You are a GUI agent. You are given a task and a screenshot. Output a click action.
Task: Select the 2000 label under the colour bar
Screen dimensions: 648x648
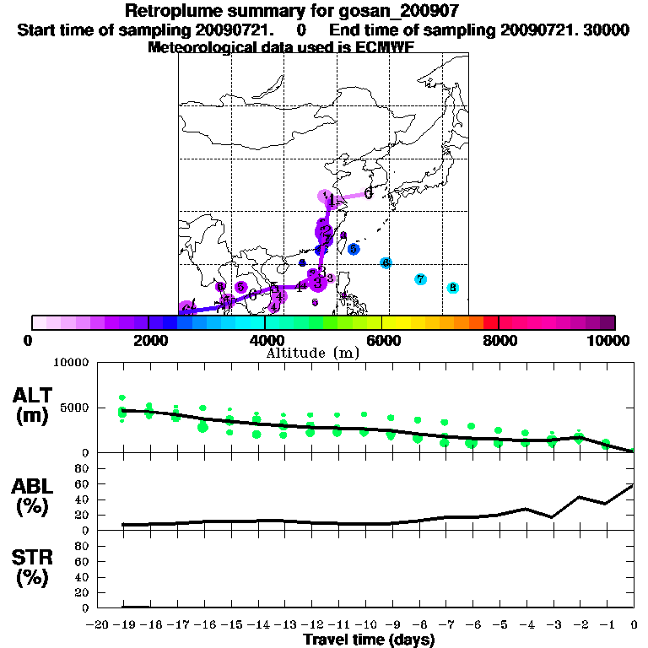[148, 340]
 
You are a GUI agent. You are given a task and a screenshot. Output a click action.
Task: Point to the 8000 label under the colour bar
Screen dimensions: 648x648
[499, 340]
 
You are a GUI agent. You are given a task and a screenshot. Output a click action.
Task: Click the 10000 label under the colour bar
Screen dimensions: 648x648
[612, 340]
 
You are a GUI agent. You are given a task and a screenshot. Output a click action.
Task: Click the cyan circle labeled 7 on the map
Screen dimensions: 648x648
[420, 279]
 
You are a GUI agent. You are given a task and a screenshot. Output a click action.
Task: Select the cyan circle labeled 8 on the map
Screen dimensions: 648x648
[452, 288]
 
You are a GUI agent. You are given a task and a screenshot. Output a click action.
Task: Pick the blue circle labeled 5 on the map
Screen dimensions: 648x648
[354, 249]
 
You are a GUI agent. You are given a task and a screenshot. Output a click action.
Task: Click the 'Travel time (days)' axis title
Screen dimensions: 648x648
[369, 640]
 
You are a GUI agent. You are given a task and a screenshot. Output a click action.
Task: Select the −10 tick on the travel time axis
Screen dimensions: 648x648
[364, 625]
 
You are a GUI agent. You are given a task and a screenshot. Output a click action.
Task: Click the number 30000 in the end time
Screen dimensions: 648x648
[607, 30]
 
